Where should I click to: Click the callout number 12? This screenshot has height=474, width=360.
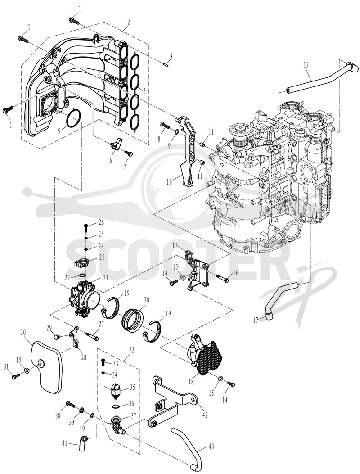tap(306, 64)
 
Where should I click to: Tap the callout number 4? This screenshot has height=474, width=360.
tap(171, 55)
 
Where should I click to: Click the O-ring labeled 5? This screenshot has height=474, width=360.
tap(74, 118)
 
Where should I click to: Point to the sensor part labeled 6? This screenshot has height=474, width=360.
tap(117, 143)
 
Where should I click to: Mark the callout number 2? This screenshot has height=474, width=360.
tap(129, 23)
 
